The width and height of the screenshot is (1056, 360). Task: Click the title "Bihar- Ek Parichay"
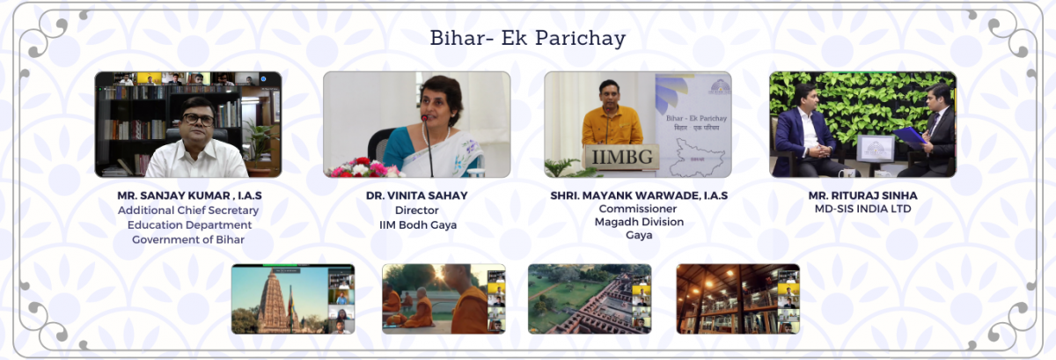click(x=527, y=39)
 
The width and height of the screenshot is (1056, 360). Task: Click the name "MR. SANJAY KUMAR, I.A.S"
click(x=189, y=195)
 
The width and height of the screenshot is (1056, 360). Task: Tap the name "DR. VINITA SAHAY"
click(x=417, y=195)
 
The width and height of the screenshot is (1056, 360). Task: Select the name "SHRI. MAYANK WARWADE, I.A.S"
click(x=639, y=195)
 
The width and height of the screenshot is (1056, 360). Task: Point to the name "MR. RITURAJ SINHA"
click(x=862, y=195)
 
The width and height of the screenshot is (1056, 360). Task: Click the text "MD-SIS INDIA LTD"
click(x=862, y=209)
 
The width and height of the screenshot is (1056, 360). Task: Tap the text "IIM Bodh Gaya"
click(x=418, y=225)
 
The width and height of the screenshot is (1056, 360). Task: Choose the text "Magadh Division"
click(x=639, y=222)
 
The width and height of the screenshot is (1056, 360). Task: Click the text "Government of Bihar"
click(x=188, y=239)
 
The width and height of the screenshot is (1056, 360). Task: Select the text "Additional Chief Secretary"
click(x=188, y=210)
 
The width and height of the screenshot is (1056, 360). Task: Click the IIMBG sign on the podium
click(x=622, y=157)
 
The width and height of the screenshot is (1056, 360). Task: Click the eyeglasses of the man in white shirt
click(x=199, y=120)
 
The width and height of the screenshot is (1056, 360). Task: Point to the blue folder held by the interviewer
click(x=910, y=136)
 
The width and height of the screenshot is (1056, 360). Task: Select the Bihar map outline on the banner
click(x=697, y=157)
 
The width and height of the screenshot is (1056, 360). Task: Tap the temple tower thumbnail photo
click(x=293, y=299)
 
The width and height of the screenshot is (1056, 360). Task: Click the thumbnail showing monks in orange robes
click(x=444, y=299)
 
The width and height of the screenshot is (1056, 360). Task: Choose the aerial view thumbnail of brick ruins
click(x=590, y=299)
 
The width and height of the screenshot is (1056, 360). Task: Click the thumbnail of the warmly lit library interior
click(x=737, y=299)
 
